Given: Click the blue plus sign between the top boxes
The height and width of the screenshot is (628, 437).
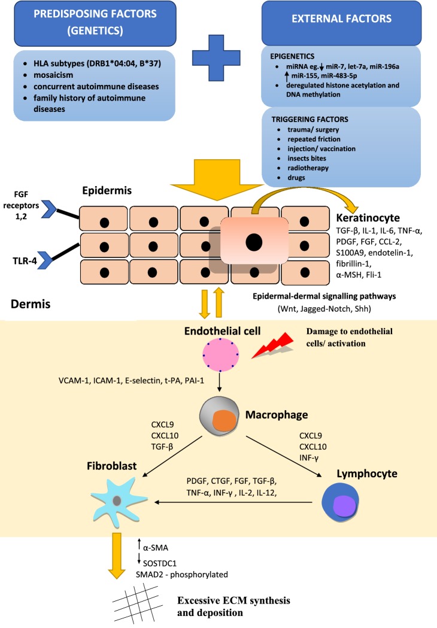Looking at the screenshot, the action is coord(216,57).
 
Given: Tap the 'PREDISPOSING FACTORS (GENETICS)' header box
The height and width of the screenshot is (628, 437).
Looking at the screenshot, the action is coord(95,23).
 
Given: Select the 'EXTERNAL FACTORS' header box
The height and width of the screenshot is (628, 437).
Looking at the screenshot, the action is coord(341,23).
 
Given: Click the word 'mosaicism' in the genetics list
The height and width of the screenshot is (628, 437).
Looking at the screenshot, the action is coord(53,75).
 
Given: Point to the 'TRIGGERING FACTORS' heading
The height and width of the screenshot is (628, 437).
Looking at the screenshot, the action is coord(309,119).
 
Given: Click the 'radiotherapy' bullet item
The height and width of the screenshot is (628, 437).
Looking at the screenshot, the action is coord(308,168).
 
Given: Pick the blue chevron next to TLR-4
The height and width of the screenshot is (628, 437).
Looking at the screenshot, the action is coord(47,260).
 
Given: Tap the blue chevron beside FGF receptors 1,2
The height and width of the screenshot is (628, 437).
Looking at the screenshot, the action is coord(49,209).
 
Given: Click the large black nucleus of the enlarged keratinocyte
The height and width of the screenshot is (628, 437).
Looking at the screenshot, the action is coord(254,242).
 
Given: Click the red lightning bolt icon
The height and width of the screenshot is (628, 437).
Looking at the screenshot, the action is coord(273,344).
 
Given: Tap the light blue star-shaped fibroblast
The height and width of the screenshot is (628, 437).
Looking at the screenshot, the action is coord(118,501).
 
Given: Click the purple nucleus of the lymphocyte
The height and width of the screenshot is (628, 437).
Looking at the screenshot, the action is coord(344,505).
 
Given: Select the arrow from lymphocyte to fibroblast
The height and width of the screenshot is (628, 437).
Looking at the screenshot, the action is coord(233,502).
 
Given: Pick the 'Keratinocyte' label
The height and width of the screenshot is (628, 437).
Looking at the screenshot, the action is coord(368,218).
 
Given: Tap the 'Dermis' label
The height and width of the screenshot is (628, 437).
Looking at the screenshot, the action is coord(31,304).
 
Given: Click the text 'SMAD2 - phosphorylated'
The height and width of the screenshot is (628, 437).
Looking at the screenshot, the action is coord(182,574).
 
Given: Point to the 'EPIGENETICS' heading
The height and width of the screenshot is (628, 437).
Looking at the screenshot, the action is coord(292,56).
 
